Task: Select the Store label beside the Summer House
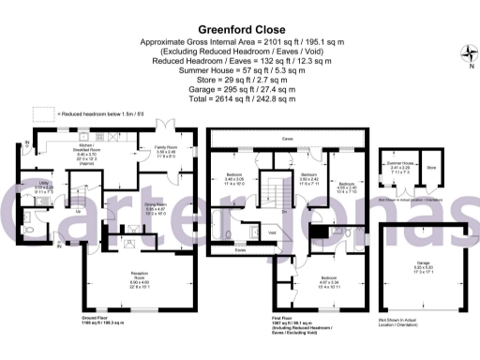click(431, 169)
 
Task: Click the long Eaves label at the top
click(282, 139)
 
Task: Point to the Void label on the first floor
click(271, 232)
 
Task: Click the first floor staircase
click(276, 192)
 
